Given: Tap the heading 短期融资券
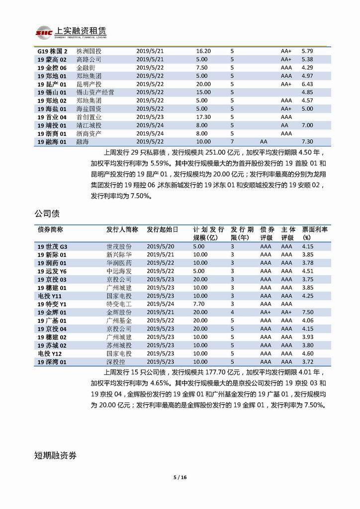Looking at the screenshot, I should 55,455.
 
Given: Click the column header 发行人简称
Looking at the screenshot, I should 122,230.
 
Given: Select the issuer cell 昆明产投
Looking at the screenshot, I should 89,84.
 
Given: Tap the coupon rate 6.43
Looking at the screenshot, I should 307,84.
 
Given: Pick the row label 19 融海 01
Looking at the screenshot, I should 52,142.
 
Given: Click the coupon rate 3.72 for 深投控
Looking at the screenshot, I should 307,362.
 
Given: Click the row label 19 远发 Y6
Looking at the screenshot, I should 52,271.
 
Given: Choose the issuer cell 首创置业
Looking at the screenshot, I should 89,117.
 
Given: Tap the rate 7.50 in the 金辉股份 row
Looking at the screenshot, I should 307,312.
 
